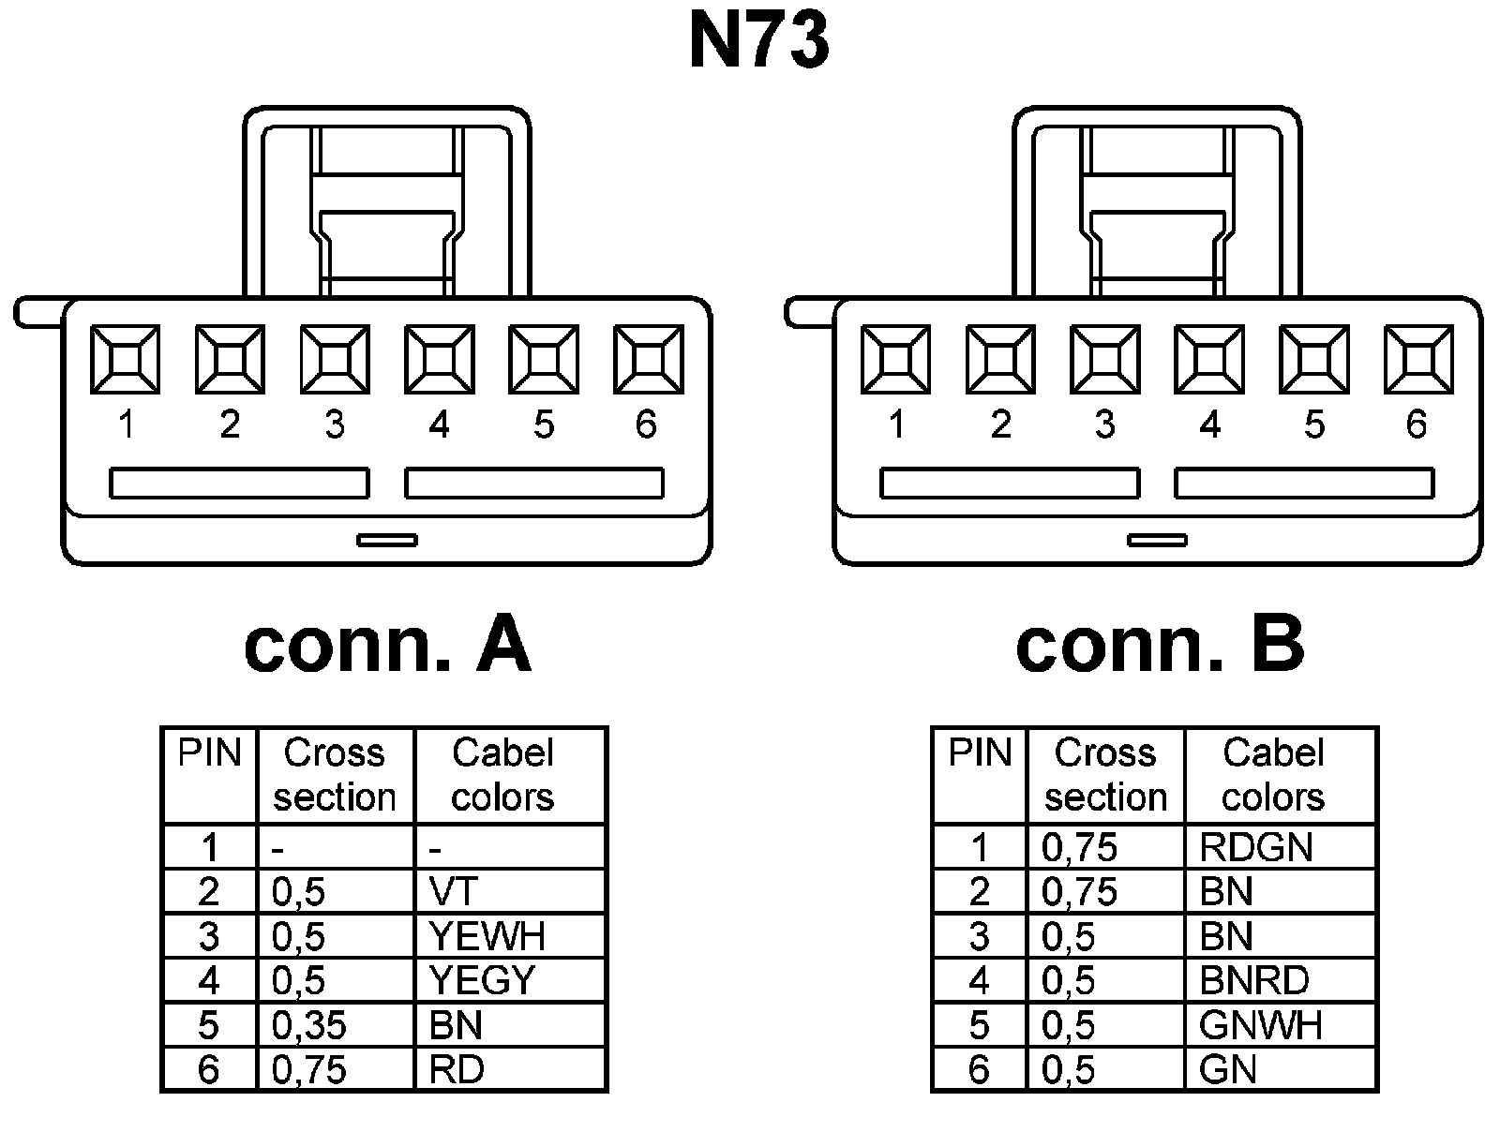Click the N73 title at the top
[759, 43]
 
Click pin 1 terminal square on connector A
[125, 359]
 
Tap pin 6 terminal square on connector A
[648, 359]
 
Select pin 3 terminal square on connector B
[1104, 359]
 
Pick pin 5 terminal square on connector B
[1313, 359]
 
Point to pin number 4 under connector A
[439, 425]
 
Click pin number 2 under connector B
[1000, 425]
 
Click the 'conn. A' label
[387, 646]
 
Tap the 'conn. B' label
[1159, 646]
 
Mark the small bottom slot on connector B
[1157, 540]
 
